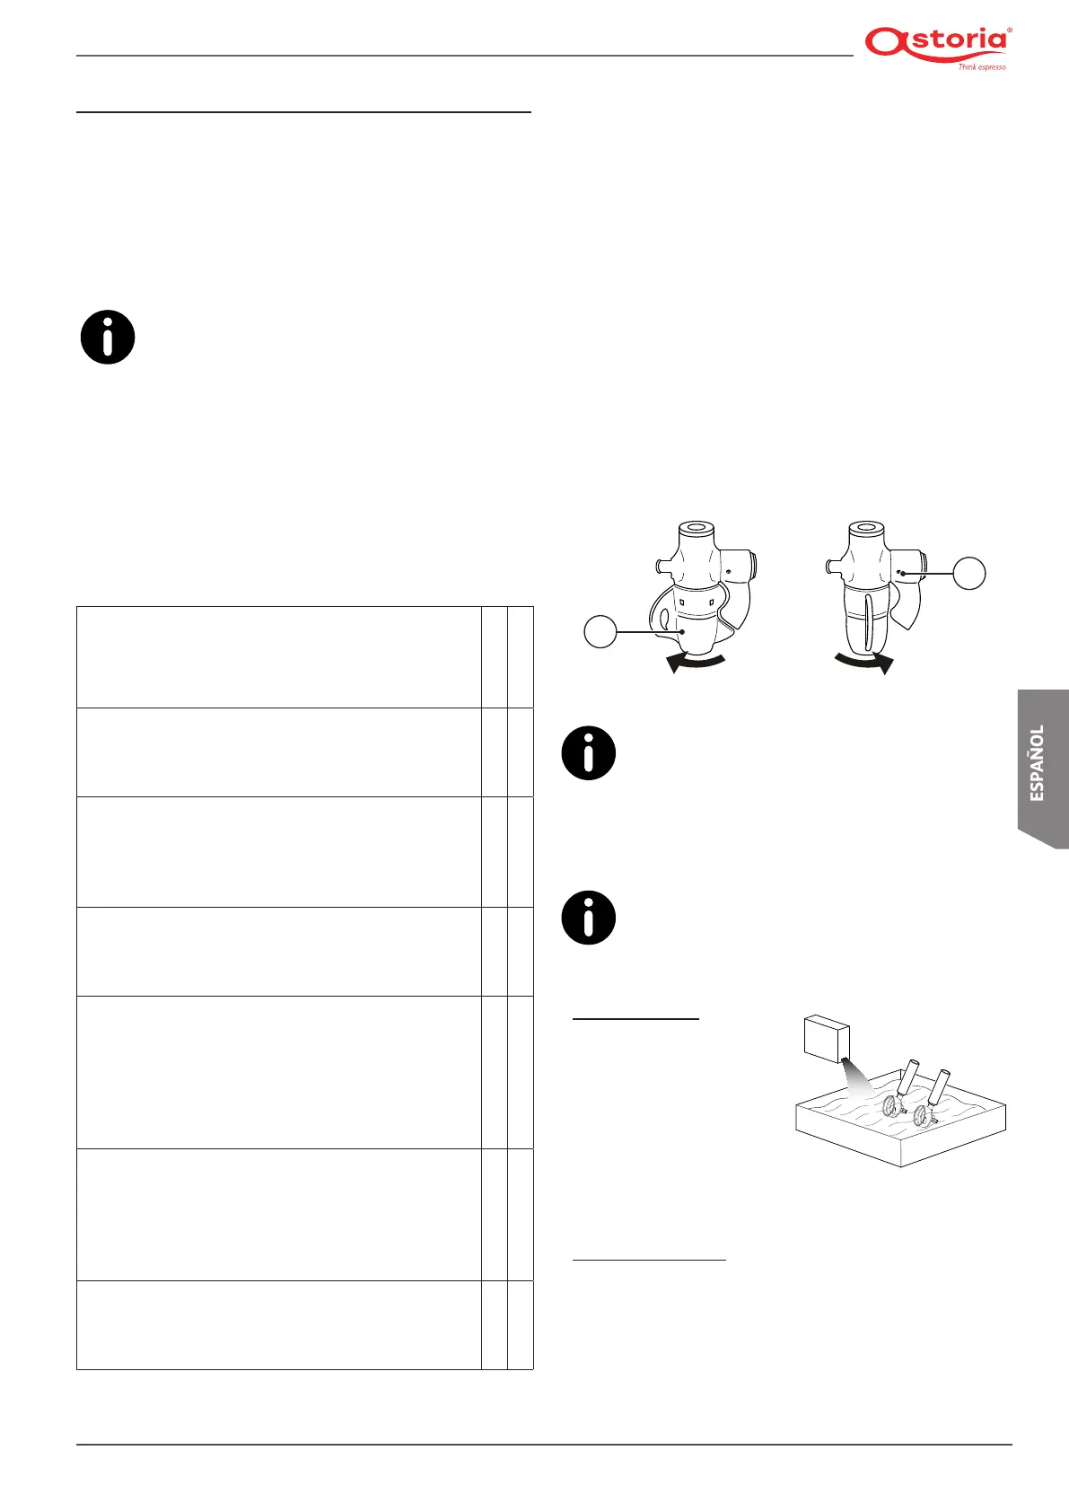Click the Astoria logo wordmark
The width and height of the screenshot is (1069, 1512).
click(x=936, y=43)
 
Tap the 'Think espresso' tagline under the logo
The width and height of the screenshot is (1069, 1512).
click(x=981, y=67)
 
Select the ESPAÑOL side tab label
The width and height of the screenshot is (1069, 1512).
click(x=1038, y=763)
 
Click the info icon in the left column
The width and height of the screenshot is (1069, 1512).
click(x=108, y=338)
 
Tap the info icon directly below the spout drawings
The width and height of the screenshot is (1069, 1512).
click(x=589, y=752)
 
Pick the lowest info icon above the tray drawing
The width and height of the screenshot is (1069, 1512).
click(x=589, y=918)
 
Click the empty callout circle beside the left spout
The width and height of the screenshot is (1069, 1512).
click(x=600, y=631)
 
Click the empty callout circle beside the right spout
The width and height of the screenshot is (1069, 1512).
click(x=968, y=572)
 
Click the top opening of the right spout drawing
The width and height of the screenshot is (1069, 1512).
click(x=866, y=528)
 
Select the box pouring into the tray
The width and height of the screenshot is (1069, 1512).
click(x=827, y=1038)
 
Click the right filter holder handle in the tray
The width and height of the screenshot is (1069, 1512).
click(x=940, y=1086)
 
